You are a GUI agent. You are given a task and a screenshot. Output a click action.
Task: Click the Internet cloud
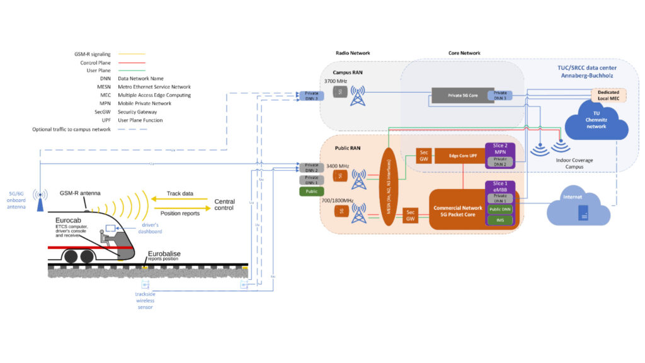pyautogui.click(x=578, y=207)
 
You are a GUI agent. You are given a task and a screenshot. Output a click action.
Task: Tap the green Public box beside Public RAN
pyautogui.click(x=311, y=191)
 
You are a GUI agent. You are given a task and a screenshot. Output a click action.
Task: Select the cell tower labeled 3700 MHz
pyautogui.click(x=358, y=95)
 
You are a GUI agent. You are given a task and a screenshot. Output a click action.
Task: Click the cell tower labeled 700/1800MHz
pyautogui.click(x=358, y=213)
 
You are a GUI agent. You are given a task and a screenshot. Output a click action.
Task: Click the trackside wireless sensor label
pyautogui.click(x=145, y=300)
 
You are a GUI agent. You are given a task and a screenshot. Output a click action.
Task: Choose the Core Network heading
pyautogui.click(x=465, y=53)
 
